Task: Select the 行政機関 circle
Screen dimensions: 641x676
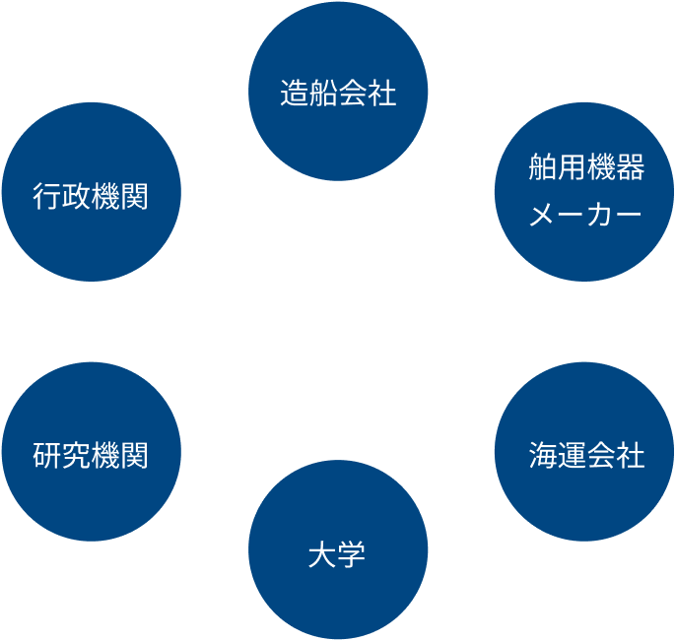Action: coord(92,194)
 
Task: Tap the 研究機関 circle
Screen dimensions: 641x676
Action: coord(92,454)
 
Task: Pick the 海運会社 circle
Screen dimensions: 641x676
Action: coord(584,454)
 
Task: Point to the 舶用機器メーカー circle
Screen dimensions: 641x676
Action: coord(584,192)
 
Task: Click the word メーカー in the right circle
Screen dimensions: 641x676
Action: coord(585,214)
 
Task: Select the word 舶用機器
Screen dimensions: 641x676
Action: coord(585,168)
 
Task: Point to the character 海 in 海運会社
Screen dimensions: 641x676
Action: coord(542,455)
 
